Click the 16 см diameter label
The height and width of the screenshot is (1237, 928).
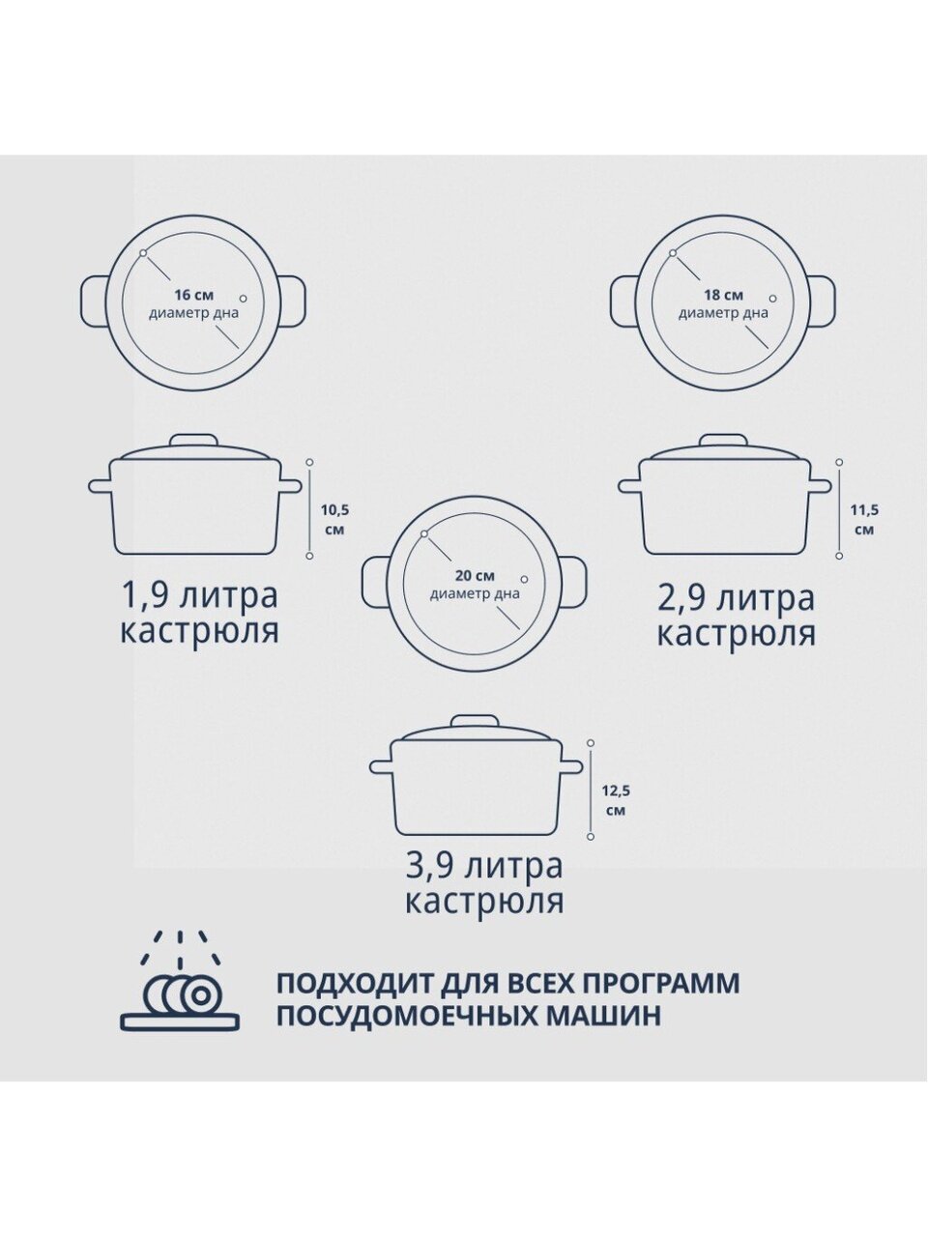click(x=194, y=303)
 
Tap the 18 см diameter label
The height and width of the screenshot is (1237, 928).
click(x=723, y=303)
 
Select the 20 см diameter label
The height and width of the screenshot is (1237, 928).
click(x=475, y=585)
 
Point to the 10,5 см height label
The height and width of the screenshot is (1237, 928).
click(x=334, y=520)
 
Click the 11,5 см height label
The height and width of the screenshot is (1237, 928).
click(x=864, y=520)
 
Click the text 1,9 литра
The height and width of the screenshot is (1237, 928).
click(x=199, y=595)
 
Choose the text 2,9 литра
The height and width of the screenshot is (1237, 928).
click(x=737, y=598)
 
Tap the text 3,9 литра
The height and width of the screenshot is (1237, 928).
click(x=484, y=866)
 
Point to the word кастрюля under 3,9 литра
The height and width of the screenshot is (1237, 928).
click(x=484, y=902)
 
